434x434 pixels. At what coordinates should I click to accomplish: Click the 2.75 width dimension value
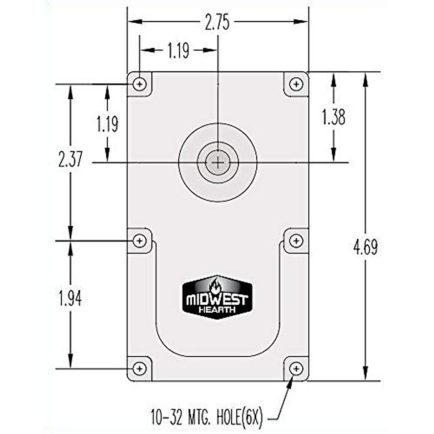click(x=217, y=23)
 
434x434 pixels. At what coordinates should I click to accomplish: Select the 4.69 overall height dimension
click(x=366, y=248)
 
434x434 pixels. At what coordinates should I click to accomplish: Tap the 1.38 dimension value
click(x=333, y=118)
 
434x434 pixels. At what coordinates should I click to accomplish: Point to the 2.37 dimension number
click(x=71, y=159)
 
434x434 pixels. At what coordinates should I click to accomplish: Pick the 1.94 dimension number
click(x=71, y=299)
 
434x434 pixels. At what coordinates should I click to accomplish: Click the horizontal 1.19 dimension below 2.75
click(x=178, y=51)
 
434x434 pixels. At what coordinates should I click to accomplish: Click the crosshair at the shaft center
click(x=218, y=163)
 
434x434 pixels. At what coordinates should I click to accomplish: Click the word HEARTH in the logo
click(x=217, y=310)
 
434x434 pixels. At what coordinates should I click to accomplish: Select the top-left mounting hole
click(x=140, y=84)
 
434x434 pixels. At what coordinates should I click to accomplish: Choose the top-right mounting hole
click(x=297, y=84)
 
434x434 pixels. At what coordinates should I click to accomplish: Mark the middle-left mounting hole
click(x=140, y=241)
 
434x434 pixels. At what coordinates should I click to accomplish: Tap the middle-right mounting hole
click(x=297, y=241)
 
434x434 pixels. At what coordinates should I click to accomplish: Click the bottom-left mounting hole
click(x=140, y=369)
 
